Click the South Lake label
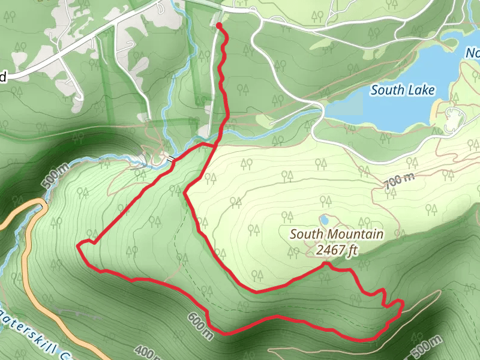coord(402,90)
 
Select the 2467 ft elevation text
coord(337,250)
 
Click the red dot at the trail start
coord(219,26)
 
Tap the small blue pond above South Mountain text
coord(324,220)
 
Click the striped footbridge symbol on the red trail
coord(173,158)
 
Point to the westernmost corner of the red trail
coord(79,244)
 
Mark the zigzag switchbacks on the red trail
coord(384,300)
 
